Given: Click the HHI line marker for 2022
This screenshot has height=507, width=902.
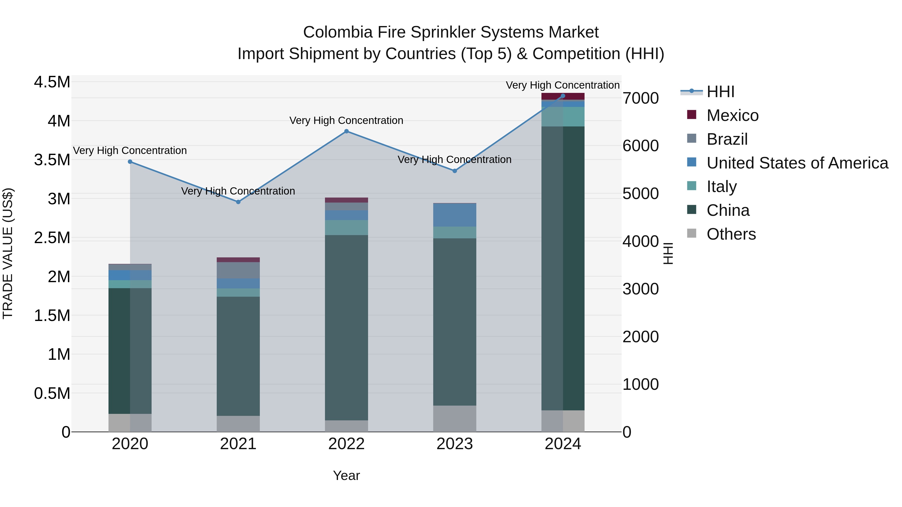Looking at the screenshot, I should (x=346, y=131).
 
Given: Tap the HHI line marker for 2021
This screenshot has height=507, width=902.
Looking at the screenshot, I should (x=238, y=202).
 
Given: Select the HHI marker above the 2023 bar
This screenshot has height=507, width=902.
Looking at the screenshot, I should (x=455, y=171).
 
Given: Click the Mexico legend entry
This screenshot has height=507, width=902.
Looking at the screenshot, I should (x=732, y=115).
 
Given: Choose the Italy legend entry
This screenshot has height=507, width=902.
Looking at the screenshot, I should (x=721, y=187).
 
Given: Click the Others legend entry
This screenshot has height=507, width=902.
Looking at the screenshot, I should (x=731, y=234).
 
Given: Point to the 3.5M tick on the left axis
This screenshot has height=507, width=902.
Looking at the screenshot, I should (x=52, y=160).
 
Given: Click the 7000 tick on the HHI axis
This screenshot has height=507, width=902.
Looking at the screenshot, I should (x=640, y=98).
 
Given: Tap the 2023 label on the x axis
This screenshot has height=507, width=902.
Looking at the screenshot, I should (x=455, y=444).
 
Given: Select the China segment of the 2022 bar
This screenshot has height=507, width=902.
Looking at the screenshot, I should (x=346, y=327).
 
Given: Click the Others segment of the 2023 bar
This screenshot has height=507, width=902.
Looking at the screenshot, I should (x=455, y=418).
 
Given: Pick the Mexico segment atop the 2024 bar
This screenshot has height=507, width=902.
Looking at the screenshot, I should (x=563, y=96).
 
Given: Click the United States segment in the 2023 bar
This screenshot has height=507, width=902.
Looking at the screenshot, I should (x=455, y=215).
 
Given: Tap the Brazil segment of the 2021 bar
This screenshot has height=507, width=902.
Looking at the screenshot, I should (x=238, y=270).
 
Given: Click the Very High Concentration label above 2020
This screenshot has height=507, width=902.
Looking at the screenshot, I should (x=130, y=150).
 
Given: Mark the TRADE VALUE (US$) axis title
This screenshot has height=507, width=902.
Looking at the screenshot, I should (x=8, y=253).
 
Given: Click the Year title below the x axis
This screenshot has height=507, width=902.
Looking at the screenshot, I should (x=346, y=475).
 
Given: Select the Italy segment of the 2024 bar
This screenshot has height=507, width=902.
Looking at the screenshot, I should (x=563, y=116).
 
